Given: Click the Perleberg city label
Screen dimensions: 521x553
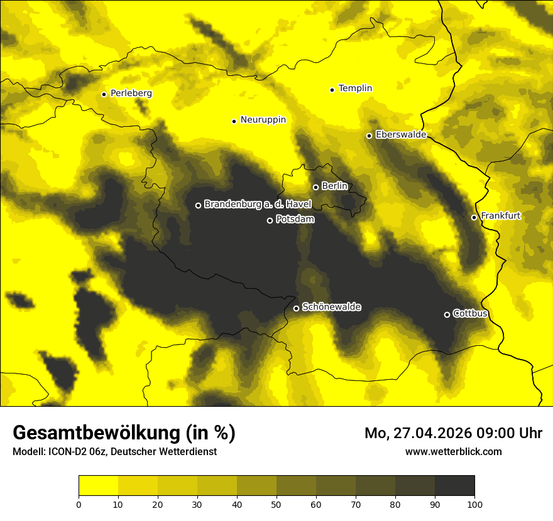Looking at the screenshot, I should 131,94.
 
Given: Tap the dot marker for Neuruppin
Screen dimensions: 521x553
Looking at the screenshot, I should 234,121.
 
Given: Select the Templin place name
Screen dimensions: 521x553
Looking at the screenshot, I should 355,89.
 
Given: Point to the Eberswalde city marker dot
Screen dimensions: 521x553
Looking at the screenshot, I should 369,136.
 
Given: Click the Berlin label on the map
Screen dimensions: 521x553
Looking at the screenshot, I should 334,186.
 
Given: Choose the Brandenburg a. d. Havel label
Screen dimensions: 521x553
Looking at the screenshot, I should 258,205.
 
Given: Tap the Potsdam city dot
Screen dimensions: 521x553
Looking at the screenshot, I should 270,220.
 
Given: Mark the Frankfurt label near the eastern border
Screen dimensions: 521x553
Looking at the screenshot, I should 500,216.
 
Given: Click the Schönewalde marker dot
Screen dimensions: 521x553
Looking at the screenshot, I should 296,308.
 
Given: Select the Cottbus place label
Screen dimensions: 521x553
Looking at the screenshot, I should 470,313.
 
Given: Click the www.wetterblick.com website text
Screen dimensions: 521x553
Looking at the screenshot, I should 453,451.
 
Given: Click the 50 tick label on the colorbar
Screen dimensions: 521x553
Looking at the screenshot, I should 276,503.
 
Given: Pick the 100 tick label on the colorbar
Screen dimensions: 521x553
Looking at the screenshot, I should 474,503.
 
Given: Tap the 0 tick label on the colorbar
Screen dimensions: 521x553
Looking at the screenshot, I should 79,503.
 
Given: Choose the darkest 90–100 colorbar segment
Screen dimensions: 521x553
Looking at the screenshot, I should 454,486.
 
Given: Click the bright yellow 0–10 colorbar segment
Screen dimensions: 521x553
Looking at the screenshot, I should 98,486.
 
